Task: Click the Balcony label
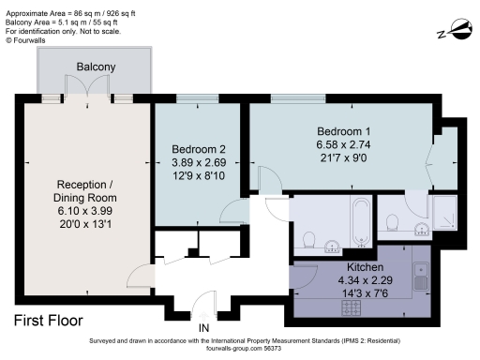pos(97,67)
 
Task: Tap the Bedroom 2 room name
pos(199,149)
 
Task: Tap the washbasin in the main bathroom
pos(332,247)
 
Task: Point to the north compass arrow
pos(452,34)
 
